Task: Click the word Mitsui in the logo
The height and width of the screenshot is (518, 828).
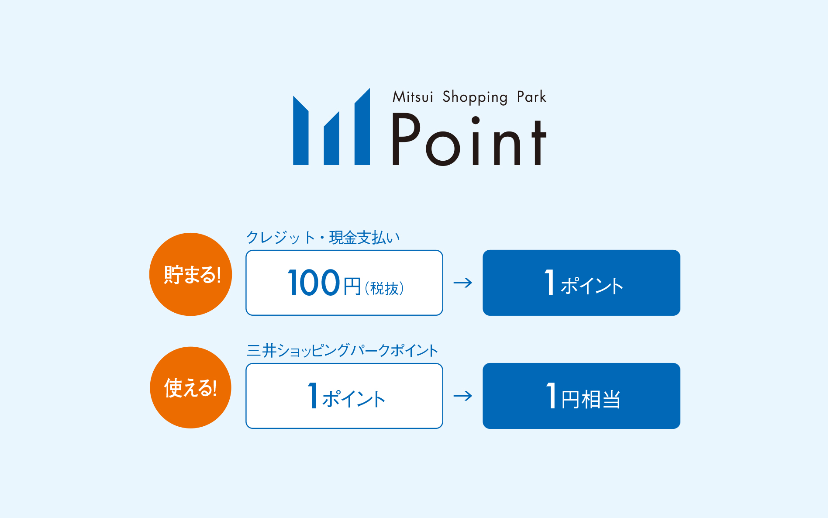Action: pyautogui.click(x=413, y=97)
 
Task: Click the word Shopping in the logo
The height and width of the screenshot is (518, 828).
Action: pyautogui.click(x=475, y=97)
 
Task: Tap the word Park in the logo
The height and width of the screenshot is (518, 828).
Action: pyautogui.click(x=531, y=97)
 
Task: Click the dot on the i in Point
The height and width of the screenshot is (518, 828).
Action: pyautogui.click(x=476, y=120)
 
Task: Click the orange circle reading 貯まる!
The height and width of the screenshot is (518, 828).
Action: pyautogui.click(x=191, y=274)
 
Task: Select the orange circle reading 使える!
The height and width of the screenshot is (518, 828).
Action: pyautogui.click(x=190, y=387)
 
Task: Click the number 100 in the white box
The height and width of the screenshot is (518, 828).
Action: pyautogui.click(x=314, y=283)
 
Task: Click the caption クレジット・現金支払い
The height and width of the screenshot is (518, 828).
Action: pyautogui.click(x=323, y=238)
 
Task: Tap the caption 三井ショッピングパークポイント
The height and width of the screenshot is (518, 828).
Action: pyautogui.click(x=342, y=350)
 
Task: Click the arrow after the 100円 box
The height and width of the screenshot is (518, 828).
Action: pyautogui.click(x=463, y=283)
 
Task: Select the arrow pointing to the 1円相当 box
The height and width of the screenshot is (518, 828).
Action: pyautogui.click(x=463, y=396)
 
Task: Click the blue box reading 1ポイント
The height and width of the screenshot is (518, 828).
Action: pyautogui.click(x=581, y=283)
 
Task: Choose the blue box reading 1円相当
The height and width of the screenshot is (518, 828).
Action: pyautogui.click(x=581, y=396)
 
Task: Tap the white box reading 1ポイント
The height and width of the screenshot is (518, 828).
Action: pyautogui.click(x=344, y=396)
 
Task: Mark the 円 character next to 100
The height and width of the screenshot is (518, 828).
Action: pyautogui.click(x=352, y=287)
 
